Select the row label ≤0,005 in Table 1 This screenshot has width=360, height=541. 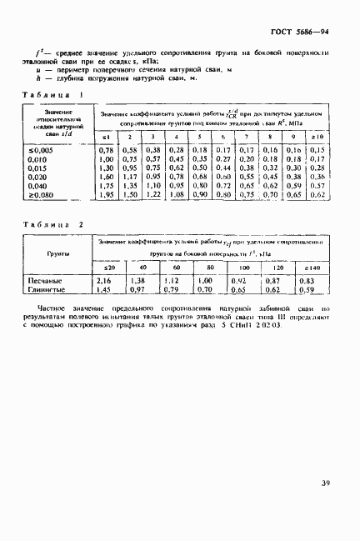[x=50, y=149]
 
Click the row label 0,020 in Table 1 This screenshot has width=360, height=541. [x=50, y=176]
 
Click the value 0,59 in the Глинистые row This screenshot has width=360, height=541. [x=307, y=291]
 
